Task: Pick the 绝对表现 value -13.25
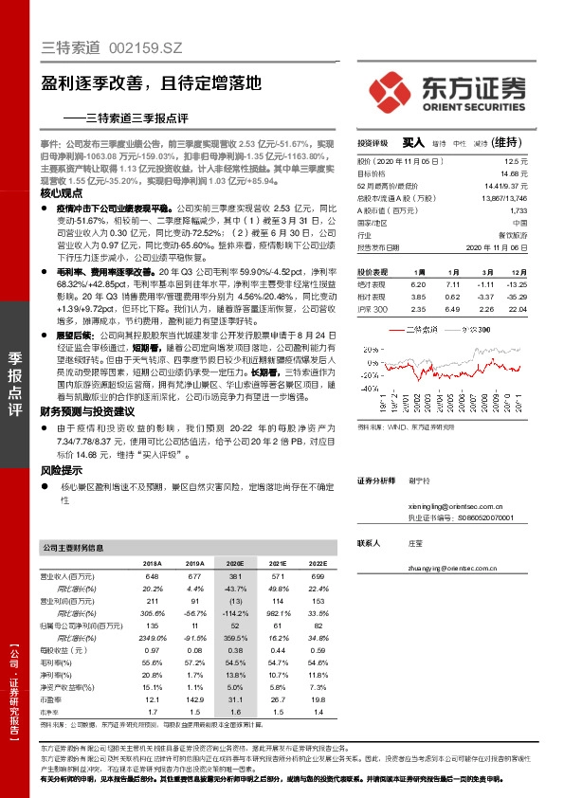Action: (x=517, y=283)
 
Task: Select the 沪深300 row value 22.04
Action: (x=517, y=309)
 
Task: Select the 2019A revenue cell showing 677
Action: (x=194, y=576)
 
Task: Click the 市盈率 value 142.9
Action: (x=193, y=699)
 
